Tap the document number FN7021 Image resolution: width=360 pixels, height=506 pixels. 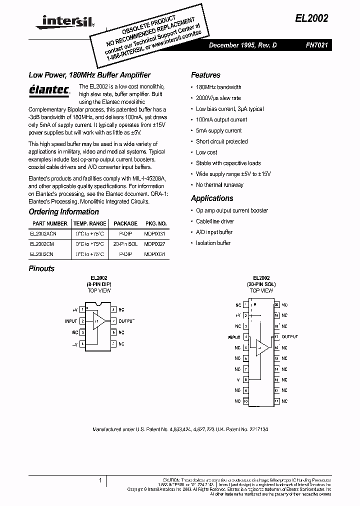[x=317, y=44]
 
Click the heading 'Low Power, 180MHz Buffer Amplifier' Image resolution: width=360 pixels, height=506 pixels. [x=89, y=75]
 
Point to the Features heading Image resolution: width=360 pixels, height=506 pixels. [x=205, y=75]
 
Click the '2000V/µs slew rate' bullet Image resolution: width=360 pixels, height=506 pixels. [x=218, y=98]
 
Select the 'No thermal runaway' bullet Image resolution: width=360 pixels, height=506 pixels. [x=219, y=184]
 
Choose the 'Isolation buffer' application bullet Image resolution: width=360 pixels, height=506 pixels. [x=213, y=243]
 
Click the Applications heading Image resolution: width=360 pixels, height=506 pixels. [x=212, y=198]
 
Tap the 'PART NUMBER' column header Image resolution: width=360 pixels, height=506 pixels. [x=49, y=223]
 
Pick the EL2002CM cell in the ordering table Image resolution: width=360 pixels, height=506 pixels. [x=41, y=244]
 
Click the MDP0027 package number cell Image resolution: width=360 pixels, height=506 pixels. [x=155, y=244]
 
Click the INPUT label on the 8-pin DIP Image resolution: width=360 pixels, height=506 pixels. [x=71, y=321]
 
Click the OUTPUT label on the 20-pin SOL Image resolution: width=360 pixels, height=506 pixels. [x=290, y=337]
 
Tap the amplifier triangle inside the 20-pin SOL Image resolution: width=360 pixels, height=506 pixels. [x=262, y=347]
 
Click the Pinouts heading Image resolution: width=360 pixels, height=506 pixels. [x=41, y=268]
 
